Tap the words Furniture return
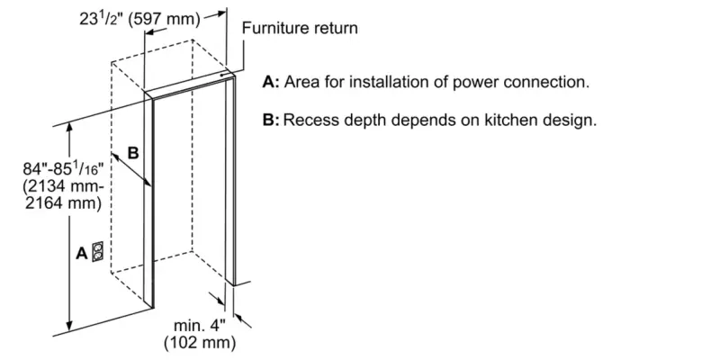299,29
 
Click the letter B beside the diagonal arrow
132,154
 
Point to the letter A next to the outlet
81,253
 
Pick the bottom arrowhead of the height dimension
69,326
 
